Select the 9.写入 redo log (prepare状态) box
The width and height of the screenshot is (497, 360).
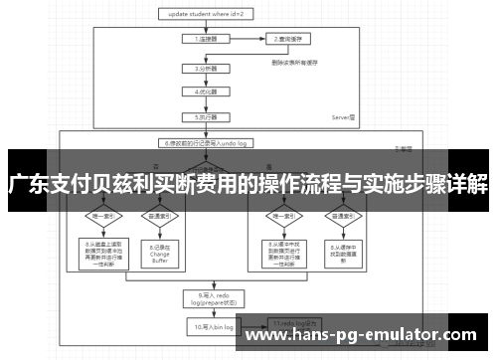pos(206,299)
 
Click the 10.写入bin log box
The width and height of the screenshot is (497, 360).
pos(206,325)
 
